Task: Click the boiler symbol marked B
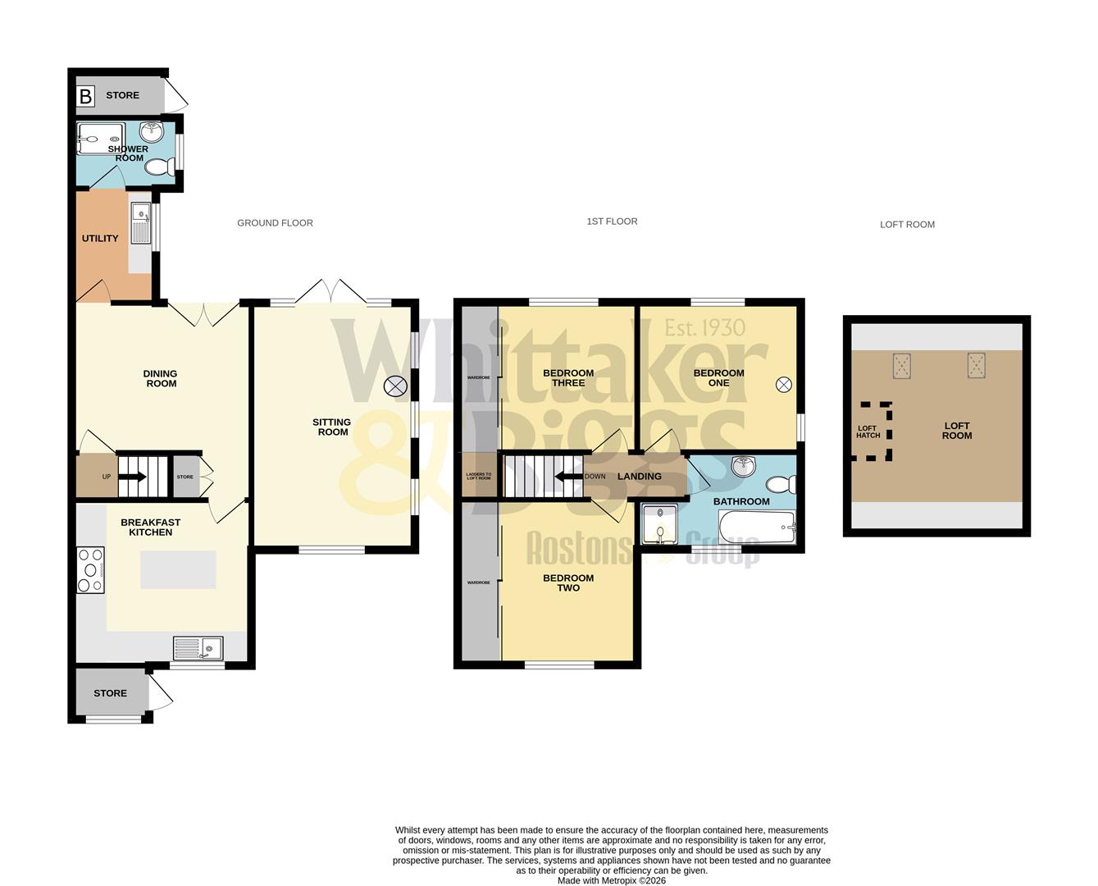coord(85,96)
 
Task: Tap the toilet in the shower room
coord(158,167)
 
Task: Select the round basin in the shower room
coord(152,132)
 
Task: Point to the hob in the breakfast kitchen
coord(90,569)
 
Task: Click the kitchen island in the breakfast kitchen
coord(178,569)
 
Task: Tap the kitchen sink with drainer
coord(198,648)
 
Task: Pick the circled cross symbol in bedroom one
coord(784,383)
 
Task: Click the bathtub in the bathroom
coord(756,527)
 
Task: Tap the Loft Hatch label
coord(868,432)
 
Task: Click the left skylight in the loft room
coord(902,365)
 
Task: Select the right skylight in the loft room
coord(976,364)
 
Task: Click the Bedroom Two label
coord(568,582)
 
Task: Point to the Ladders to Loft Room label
coord(478,476)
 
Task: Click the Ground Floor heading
coord(275,223)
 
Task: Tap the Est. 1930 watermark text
coord(704,328)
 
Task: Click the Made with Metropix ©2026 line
coord(612,880)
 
